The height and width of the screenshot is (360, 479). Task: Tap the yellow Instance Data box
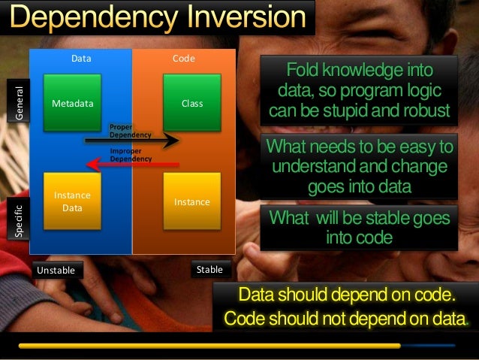click(x=72, y=199)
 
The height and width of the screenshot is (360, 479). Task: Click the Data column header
click(x=81, y=57)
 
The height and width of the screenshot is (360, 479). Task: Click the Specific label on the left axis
click(x=20, y=219)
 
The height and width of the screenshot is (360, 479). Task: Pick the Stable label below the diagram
click(x=209, y=268)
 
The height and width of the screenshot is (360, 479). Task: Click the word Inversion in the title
click(x=248, y=17)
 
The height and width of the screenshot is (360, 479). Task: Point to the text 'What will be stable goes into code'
click(x=360, y=228)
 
